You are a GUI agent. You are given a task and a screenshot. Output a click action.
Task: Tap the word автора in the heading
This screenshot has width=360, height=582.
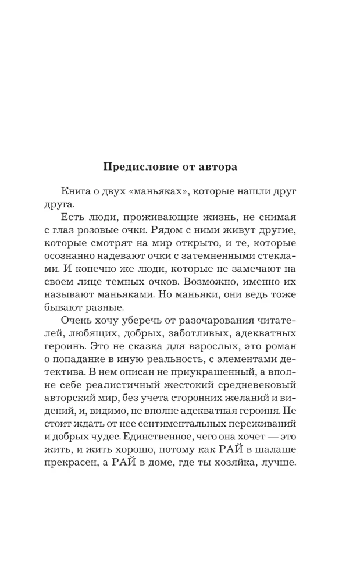[x=218, y=166]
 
